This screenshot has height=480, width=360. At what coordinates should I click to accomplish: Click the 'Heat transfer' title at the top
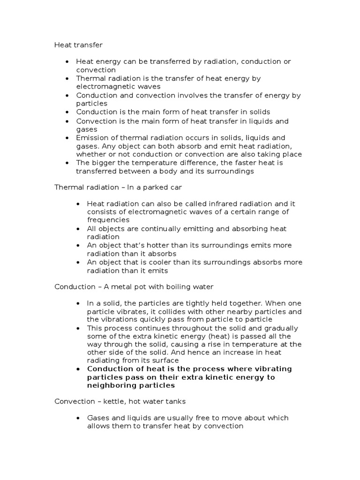[x=78, y=45]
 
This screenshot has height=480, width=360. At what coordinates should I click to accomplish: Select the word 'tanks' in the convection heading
[x=174, y=401]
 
